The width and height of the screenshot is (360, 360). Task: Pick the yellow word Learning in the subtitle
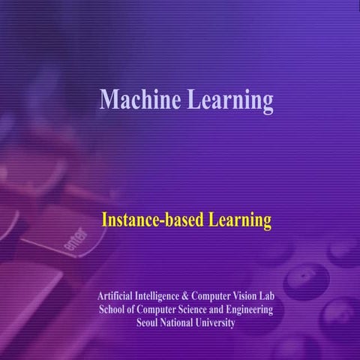(x=238, y=220)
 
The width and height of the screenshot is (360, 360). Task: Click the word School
(x=113, y=310)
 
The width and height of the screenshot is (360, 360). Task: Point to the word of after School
(x=133, y=310)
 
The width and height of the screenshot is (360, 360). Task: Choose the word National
(x=182, y=323)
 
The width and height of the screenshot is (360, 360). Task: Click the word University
(x=218, y=323)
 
